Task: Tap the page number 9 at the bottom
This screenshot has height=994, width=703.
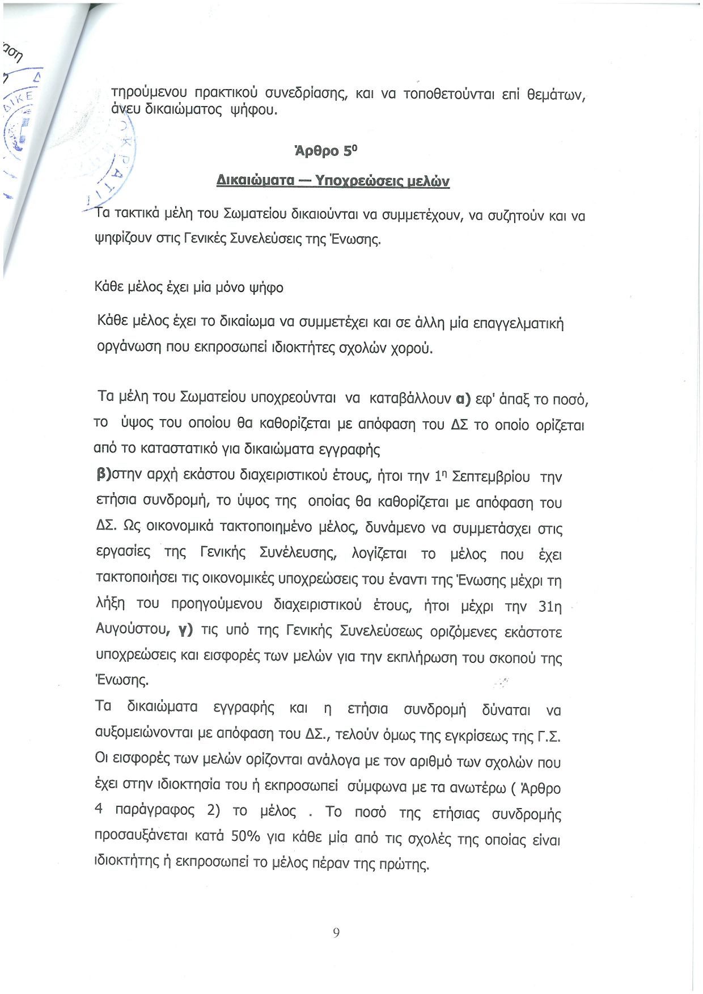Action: click(336, 933)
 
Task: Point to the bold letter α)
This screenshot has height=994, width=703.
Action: click(463, 399)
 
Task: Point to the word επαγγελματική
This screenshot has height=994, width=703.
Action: click(518, 324)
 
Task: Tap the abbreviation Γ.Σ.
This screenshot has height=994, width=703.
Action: click(548, 736)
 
